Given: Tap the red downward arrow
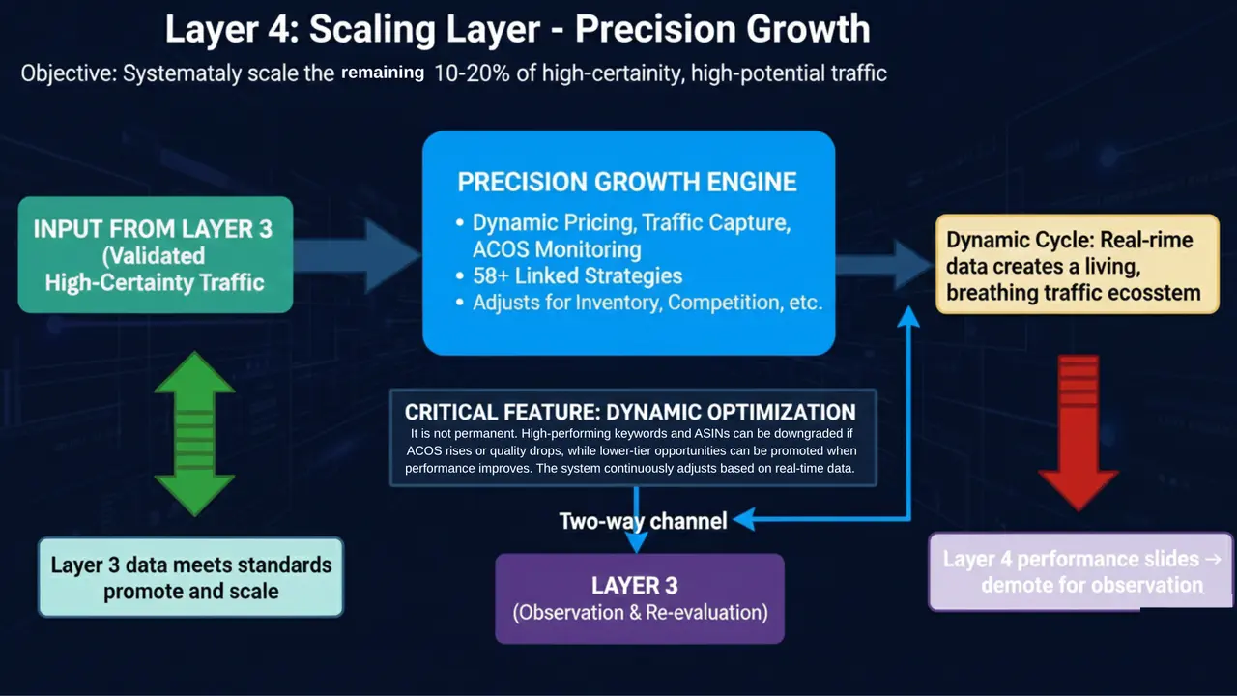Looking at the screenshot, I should coord(1079,431).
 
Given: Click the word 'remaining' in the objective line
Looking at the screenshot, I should coord(383,72).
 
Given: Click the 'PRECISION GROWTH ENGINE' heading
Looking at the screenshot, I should coord(627,183).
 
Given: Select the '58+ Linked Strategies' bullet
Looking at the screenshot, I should coord(577,276).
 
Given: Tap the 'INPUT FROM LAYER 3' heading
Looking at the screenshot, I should coord(154,229).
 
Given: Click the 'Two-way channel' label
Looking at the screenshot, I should coord(643,522).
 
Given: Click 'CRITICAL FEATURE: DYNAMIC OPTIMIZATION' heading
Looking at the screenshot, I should coord(630,411).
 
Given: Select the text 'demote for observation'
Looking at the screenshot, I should coord(1091,585).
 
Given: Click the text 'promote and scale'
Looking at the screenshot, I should coord(190,591).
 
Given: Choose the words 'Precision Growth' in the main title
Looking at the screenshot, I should coord(723,29).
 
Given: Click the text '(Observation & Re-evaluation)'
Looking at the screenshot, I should coord(640,612).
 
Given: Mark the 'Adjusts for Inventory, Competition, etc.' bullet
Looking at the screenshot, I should coord(647,303).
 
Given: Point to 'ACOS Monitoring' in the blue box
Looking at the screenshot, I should coord(557,250).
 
